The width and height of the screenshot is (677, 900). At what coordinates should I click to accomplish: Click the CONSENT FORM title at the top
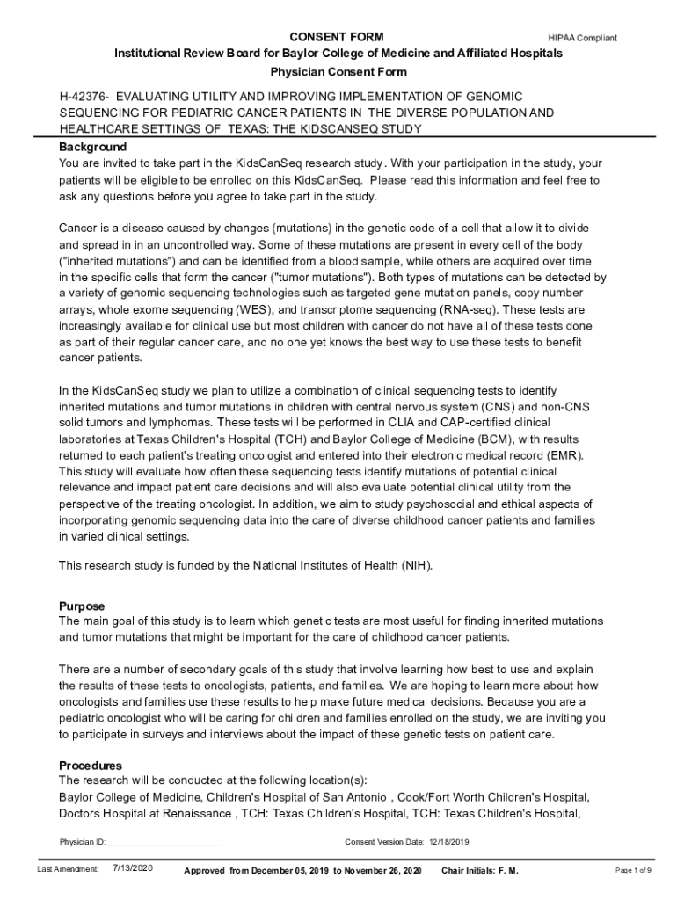click(x=337, y=37)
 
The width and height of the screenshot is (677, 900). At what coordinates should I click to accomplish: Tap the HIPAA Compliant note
click(x=582, y=38)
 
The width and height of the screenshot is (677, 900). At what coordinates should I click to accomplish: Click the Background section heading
click(x=92, y=147)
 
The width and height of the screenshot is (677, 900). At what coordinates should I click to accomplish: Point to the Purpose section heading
click(x=82, y=606)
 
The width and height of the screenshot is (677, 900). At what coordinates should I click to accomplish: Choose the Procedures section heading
click(x=90, y=766)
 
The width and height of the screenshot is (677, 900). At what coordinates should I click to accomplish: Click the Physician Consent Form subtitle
click(x=338, y=72)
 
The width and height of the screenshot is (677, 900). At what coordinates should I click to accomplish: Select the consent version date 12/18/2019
click(x=450, y=842)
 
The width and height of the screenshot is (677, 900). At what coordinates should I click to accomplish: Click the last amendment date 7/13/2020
click(x=134, y=869)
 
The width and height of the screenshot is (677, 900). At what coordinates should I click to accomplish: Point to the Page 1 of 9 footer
click(x=633, y=870)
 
